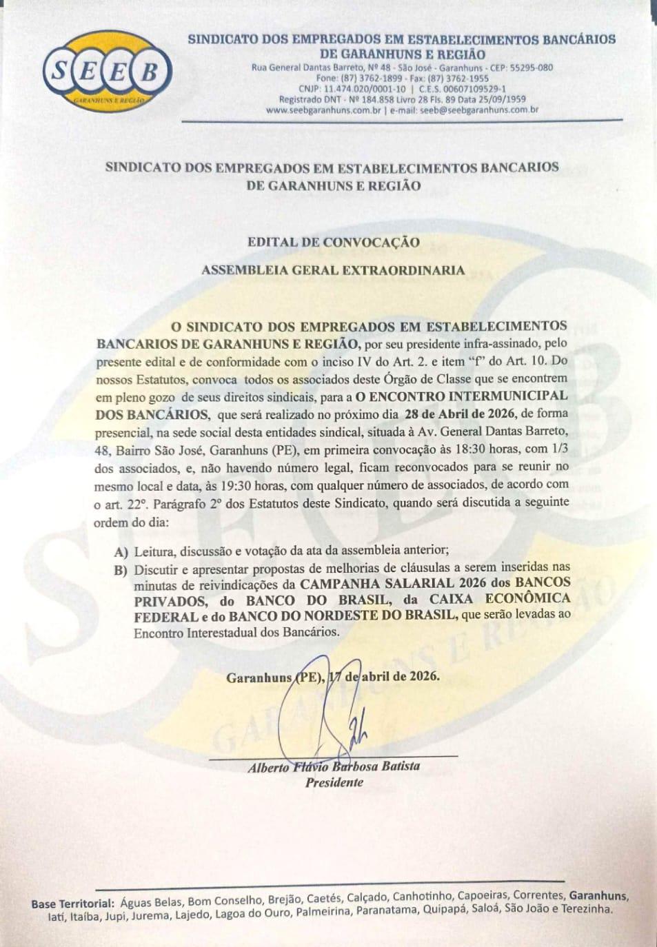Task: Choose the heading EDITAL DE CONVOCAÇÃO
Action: (333, 243)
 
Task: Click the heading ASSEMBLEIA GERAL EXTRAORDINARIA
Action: (333, 270)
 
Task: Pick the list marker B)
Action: (122, 569)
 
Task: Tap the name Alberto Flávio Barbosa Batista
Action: (334, 766)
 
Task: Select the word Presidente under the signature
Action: (334, 782)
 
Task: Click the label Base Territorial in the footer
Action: (72, 903)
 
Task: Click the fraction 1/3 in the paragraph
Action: (558, 449)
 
